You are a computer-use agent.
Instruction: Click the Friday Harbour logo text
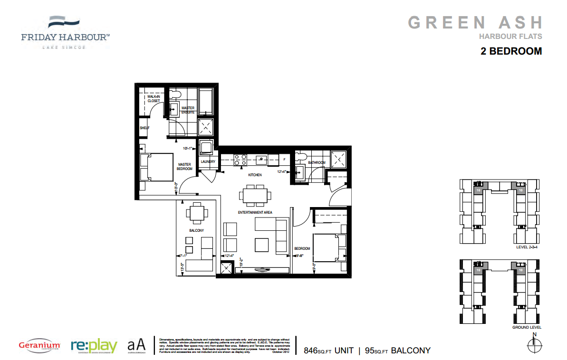[65, 37]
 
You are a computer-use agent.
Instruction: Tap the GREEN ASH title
[475, 22]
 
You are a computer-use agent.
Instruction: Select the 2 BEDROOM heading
[511, 51]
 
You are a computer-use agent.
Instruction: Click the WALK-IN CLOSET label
[154, 98]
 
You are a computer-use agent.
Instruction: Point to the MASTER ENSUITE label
[188, 110]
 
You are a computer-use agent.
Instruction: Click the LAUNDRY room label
[208, 161]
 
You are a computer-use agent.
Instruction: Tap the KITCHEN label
[255, 175]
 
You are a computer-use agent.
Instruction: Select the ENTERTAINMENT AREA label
[255, 212]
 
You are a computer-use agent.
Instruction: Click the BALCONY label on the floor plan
[196, 231]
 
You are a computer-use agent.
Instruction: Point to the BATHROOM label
[317, 162]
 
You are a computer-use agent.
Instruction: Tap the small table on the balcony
[197, 212]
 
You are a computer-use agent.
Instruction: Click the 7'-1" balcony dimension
[181, 256]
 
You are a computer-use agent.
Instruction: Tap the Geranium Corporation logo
[39, 345]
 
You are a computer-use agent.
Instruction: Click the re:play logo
[94, 345]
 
